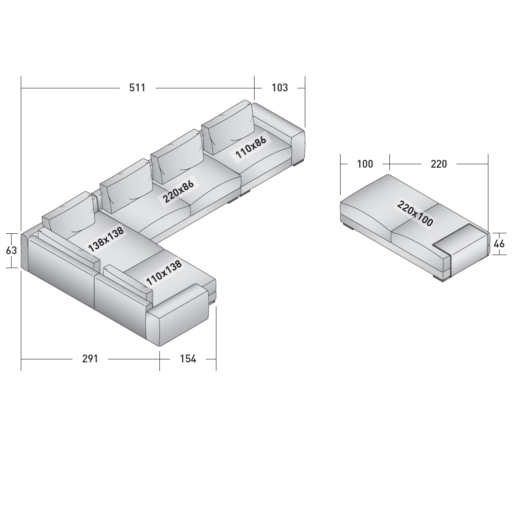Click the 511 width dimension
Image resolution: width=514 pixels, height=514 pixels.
137,88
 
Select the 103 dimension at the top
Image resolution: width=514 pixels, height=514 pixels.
280,88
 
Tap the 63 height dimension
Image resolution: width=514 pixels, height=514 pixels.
11,250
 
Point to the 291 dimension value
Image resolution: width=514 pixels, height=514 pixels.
90,359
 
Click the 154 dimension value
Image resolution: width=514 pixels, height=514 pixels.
188,359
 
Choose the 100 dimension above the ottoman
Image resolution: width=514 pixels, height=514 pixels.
365,164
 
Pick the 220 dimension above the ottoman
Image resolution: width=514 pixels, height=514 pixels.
439,164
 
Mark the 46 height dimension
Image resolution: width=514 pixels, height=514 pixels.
499,244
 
